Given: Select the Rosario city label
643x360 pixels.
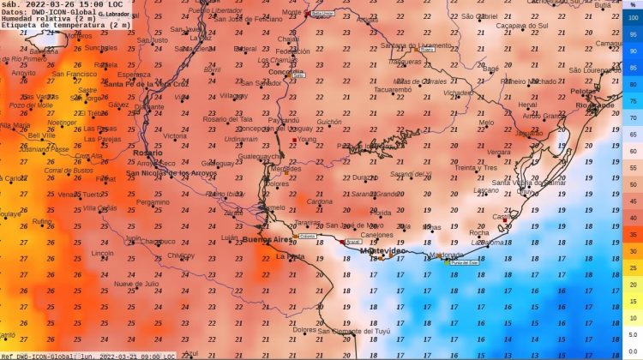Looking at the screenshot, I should click(x=147, y=153).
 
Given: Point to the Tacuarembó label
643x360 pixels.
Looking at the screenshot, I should click(x=393, y=88).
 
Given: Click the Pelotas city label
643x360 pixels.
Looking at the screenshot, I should click(x=583, y=91).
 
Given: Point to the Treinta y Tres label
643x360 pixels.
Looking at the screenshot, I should click(x=476, y=168).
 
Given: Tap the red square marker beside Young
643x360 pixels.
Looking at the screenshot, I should click(x=294, y=139).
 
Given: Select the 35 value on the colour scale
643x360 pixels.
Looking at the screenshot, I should click(x=631, y=233).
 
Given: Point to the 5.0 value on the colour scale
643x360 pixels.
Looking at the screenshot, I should click(x=631, y=334).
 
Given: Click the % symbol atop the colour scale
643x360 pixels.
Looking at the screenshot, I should click(x=632, y=5).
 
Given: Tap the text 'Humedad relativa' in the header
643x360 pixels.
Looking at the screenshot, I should click(x=30, y=19).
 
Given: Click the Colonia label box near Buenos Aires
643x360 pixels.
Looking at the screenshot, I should click(x=308, y=236).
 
